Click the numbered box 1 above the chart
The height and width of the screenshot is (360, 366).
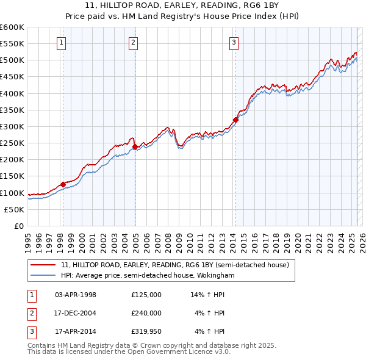pos(63,43)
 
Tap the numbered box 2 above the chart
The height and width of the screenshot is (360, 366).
pos(133,43)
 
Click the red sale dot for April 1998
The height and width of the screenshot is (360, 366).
pos(63,184)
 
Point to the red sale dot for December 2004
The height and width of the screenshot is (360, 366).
pos(135,146)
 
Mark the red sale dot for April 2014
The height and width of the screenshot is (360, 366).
pos(235,120)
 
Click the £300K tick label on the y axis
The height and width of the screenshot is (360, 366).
pos(12,126)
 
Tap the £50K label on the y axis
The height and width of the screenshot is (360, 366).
pos(15,209)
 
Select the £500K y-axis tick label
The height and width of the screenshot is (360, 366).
pos(12,60)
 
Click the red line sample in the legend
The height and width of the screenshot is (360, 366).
pos(43,265)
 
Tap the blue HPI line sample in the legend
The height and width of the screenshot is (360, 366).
pos(43,275)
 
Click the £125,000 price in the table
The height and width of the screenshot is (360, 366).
pos(146,295)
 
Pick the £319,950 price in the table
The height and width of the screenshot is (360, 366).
pos(146,332)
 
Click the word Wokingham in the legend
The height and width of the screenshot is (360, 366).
pos(217,275)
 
